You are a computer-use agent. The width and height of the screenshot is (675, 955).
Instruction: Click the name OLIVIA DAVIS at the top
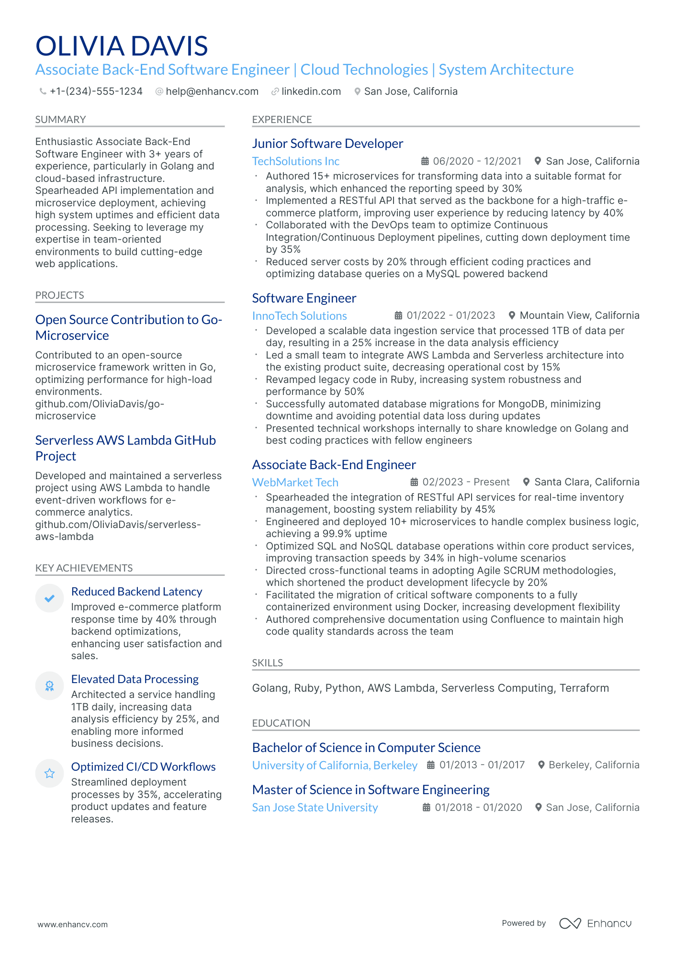click(122, 46)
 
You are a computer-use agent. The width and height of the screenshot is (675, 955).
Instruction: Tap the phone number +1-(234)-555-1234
click(96, 91)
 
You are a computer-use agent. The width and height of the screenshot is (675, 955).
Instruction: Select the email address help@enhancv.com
click(212, 91)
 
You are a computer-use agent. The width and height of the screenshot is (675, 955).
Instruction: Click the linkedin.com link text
click(311, 91)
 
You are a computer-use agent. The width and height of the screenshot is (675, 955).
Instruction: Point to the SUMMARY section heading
click(61, 120)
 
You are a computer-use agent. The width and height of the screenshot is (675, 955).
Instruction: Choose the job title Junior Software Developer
click(327, 144)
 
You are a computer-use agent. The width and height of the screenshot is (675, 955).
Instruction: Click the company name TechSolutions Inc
click(296, 161)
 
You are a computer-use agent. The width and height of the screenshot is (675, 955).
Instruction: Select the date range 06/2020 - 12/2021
click(477, 161)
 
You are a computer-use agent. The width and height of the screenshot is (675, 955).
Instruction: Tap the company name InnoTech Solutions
click(299, 316)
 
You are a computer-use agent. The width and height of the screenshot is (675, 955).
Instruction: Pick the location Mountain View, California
click(579, 315)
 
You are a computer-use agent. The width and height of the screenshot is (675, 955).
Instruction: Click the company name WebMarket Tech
click(295, 483)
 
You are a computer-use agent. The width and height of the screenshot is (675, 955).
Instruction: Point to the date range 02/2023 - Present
click(466, 482)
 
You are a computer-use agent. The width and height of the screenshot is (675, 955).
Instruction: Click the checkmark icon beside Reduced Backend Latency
click(49, 598)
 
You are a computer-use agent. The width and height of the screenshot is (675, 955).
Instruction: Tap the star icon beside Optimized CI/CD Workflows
click(49, 773)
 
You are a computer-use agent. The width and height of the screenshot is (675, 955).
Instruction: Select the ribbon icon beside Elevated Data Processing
click(49, 685)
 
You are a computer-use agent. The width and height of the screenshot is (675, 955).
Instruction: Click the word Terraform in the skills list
click(584, 688)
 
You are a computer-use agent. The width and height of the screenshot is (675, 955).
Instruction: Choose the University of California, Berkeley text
click(335, 765)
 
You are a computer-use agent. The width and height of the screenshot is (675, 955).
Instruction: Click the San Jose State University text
click(315, 808)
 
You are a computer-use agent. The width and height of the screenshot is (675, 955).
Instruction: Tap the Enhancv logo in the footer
click(595, 923)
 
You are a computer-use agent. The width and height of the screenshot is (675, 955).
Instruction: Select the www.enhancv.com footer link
click(73, 924)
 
